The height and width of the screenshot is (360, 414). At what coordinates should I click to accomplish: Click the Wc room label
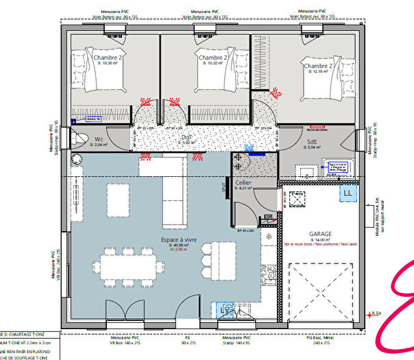pos(99,139)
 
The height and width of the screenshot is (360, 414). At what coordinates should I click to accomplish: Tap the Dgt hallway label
pos(186,137)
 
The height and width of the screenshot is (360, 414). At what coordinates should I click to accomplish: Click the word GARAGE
pos(320,233)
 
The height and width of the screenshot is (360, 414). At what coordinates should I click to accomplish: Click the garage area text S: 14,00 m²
pos(319,239)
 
